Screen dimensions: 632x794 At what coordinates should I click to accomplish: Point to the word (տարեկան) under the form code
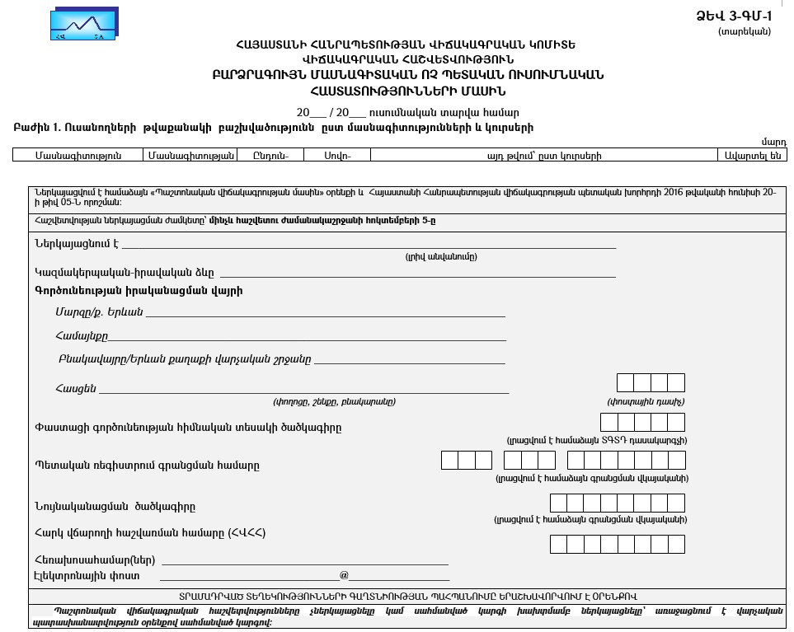point(745,31)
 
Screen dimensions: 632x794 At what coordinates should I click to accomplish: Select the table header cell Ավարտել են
point(752,155)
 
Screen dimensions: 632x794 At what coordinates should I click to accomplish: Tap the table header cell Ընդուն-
point(270,155)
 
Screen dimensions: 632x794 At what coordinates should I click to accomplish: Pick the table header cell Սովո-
point(336,155)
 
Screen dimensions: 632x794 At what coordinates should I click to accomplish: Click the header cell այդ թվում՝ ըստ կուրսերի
point(544,155)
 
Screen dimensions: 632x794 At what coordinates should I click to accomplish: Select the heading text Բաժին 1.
point(37,128)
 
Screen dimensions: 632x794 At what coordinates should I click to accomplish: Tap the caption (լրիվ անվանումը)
point(440,257)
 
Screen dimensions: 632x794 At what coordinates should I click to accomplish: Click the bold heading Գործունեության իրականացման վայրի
point(139,291)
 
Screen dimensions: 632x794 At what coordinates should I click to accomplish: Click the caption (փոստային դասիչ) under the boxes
point(646,402)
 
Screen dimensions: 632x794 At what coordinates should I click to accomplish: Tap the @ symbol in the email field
point(344,575)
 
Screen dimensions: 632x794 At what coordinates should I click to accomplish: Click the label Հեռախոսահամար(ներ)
point(95,560)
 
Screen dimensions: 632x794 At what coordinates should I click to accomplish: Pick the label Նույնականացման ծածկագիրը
point(115,507)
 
